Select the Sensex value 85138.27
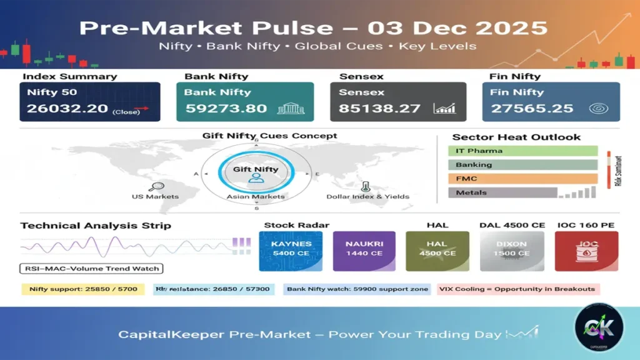[x=379, y=109]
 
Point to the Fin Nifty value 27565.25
[x=532, y=109]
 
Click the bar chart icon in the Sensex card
[x=445, y=109]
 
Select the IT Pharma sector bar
[x=522, y=151]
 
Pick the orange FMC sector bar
[x=522, y=179]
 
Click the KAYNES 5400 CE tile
[x=291, y=251]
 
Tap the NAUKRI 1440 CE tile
[x=364, y=251]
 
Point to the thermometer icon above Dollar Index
[x=364, y=186]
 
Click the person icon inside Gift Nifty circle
[x=256, y=178]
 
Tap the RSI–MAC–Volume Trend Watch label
[x=91, y=269]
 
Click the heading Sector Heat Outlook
[x=516, y=137]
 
